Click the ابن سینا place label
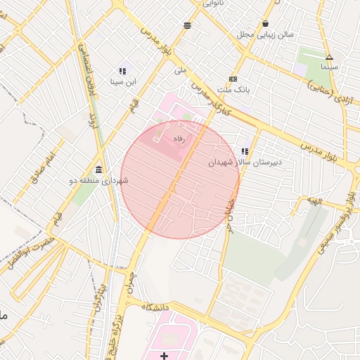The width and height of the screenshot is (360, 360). [122, 82]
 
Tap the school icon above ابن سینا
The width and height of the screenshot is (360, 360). [122, 70]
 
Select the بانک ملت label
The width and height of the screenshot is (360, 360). [233, 90]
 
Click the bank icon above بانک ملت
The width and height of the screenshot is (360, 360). [233, 79]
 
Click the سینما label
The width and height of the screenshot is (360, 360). [329, 67]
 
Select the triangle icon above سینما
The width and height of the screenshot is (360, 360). [329, 57]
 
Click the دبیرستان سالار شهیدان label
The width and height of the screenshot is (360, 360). [244, 162]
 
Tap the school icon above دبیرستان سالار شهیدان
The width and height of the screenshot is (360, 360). [245, 151]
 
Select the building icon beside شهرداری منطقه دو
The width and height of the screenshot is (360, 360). [97, 171]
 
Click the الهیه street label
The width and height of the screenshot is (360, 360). [312, 201]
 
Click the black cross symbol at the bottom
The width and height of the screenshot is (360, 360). [164, 356]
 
